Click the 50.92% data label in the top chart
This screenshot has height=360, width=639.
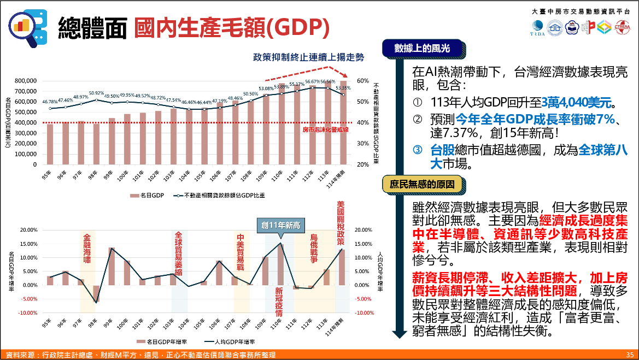pyautogui.click(x=96, y=93)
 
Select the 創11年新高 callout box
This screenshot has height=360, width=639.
pyautogui.click(x=281, y=225)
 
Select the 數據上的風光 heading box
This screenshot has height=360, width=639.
pyautogui.click(x=422, y=49)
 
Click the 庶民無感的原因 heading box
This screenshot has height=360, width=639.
pyautogui.click(x=422, y=185)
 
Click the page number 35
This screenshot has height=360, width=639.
pyautogui.click(x=630, y=355)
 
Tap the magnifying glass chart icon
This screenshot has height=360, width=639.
pyautogui.click(x=27, y=26)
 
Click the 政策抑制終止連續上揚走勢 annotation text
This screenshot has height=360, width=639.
pyautogui.click(x=308, y=57)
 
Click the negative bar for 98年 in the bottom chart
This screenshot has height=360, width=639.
pyautogui.click(x=96, y=293)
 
